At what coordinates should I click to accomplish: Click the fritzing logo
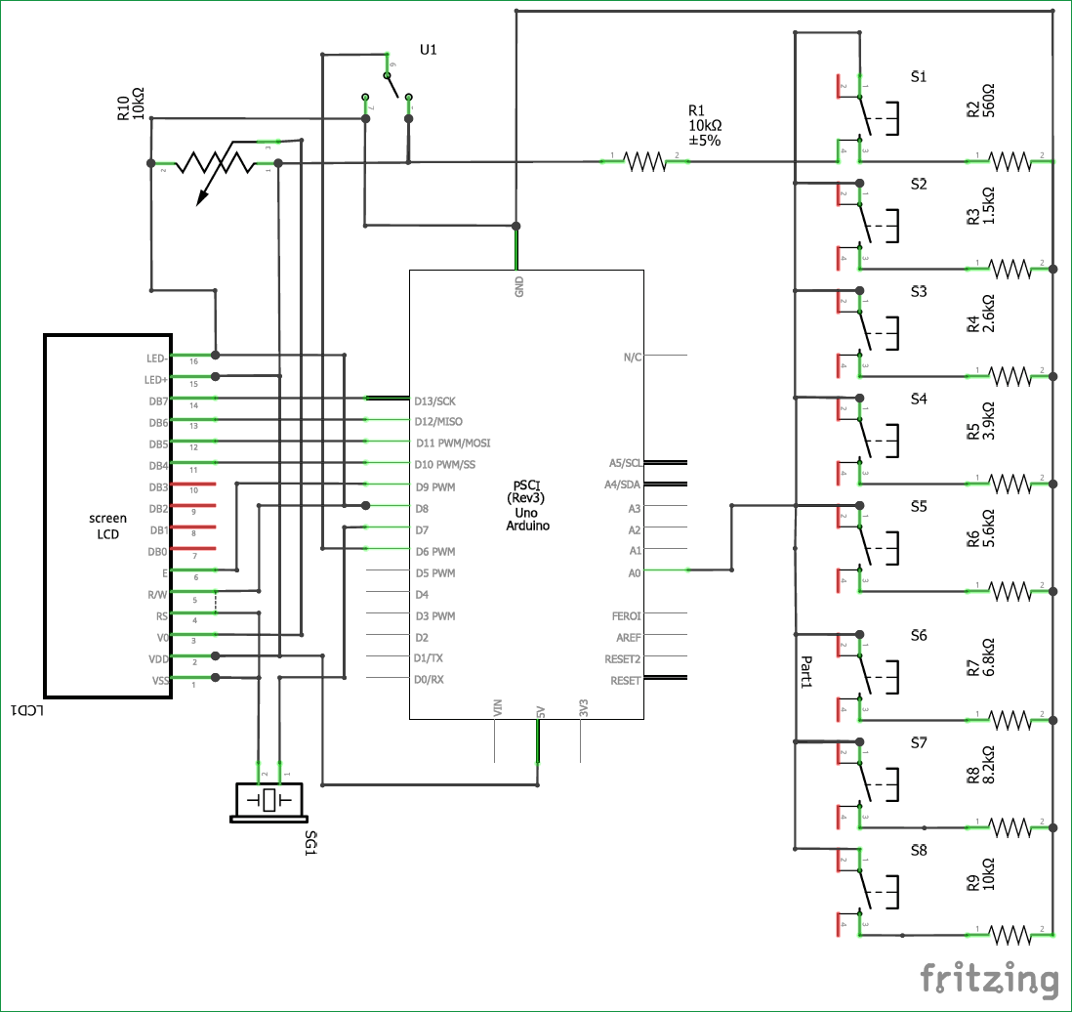tap(990, 980)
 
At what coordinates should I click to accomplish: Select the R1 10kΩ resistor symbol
tap(643, 160)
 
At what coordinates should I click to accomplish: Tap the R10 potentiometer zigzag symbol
tap(214, 163)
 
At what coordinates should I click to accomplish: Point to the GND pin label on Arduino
tap(518, 285)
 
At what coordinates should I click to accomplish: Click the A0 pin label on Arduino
tap(634, 572)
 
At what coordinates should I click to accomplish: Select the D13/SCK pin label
tap(434, 401)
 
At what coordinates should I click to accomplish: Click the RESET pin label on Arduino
tap(625, 680)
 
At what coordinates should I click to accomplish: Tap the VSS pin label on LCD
tap(158, 680)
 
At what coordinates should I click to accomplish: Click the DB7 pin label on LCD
tap(158, 401)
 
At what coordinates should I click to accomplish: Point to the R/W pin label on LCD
tap(157, 594)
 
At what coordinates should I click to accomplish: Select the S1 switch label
tap(919, 76)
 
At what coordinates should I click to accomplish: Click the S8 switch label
tap(919, 850)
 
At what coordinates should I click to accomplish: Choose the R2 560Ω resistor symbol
tap(1010, 159)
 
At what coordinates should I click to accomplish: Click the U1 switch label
tap(428, 50)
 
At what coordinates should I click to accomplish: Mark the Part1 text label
tap(806, 673)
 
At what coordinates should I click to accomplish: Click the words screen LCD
tap(107, 526)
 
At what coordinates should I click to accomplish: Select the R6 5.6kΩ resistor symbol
tap(1010, 590)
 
